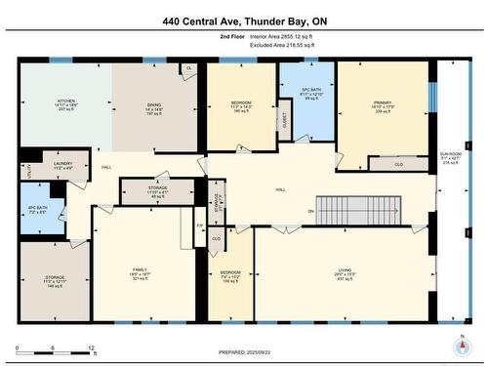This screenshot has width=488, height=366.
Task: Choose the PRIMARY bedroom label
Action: tap(382, 102)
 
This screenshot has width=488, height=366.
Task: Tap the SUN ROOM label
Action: tap(451, 154)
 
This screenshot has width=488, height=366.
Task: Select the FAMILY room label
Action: tap(142, 272)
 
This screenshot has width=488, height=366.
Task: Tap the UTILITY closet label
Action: tap(29, 168)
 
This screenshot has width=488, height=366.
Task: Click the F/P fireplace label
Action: tap(200, 226)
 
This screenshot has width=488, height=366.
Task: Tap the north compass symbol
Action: tap(460, 345)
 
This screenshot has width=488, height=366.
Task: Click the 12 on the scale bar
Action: tap(91, 348)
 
